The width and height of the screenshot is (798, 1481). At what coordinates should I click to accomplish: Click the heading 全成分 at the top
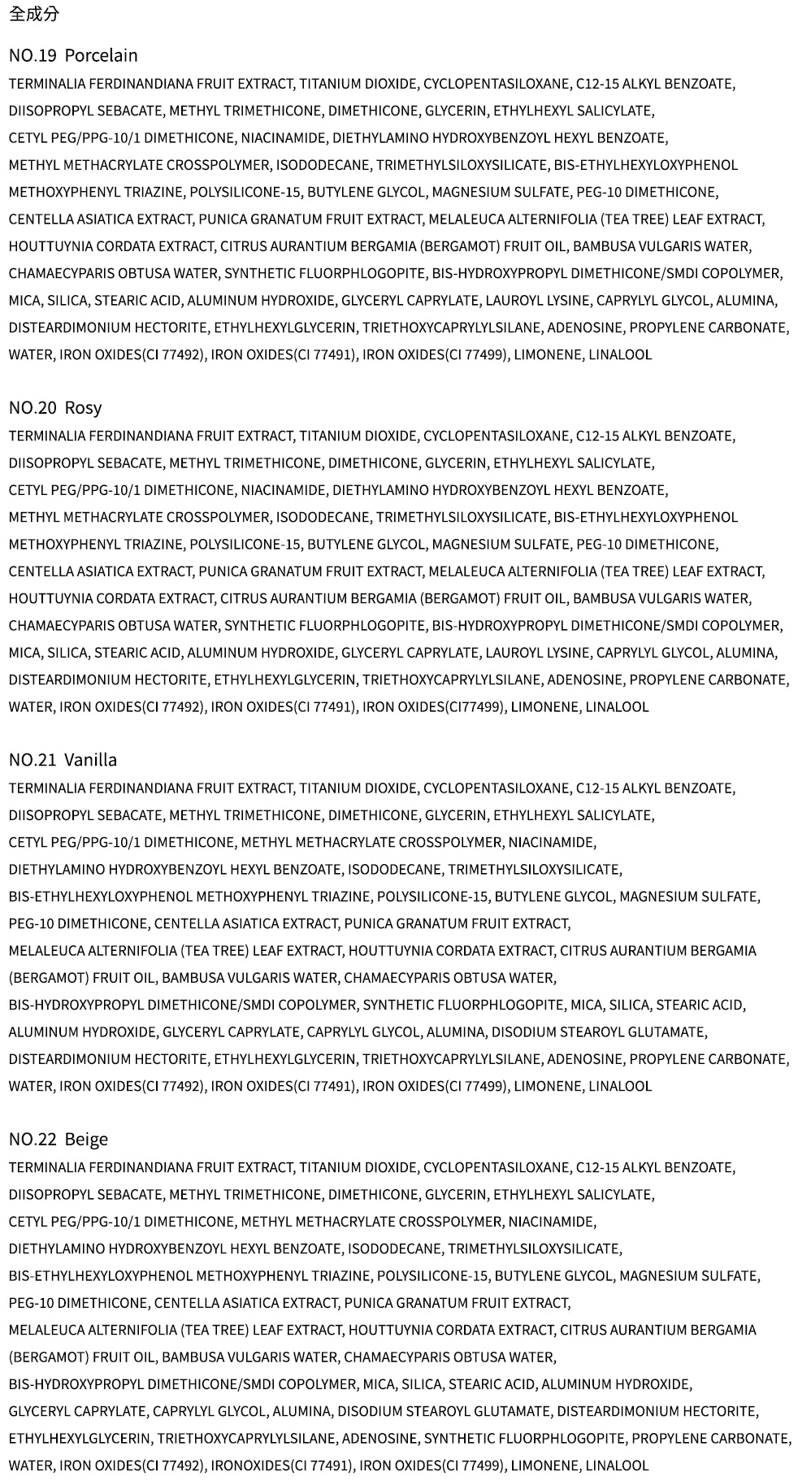[x=34, y=14]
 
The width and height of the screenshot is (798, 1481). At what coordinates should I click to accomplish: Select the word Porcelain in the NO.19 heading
[x=101, y=55]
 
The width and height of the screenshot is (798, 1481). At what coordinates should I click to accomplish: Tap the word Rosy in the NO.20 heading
[x=83, y=407]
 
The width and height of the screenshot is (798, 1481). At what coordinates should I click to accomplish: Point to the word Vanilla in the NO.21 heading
[x=90, y=759]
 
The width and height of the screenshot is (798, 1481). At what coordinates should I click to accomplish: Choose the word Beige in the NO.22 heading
[x=86, y=1139]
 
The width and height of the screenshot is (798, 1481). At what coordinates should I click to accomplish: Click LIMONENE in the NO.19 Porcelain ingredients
[x=547, y=354]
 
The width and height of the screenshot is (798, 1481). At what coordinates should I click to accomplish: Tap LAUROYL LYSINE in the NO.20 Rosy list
[x=537, y=652]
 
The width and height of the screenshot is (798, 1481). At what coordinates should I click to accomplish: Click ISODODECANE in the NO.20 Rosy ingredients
[x=323, y=517]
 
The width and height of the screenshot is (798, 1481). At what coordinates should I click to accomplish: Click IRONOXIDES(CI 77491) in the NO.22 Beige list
[x=282, y=1465]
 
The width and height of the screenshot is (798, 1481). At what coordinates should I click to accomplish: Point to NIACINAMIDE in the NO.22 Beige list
[x=552, y=1221]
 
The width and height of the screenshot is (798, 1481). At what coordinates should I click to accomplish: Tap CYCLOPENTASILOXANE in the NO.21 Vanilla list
[x=497, y=788]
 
